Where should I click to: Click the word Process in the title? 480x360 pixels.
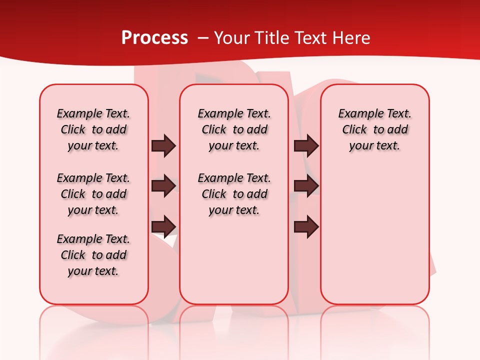(154, 38)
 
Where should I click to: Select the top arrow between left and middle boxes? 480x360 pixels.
(163, 145)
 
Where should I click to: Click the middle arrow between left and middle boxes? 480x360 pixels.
(163, 186)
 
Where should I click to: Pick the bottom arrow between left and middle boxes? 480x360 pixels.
(163, 227)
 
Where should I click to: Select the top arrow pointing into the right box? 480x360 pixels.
(306, 145)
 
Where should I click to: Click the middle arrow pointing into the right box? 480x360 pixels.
(306, 186)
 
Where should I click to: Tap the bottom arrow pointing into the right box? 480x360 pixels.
(306, 227)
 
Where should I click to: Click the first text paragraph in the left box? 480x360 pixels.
(93, 129)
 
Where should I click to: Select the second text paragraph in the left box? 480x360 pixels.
(93, 194)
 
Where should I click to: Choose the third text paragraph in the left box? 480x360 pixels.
(93, 255)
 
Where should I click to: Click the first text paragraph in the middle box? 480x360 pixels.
(234, 129)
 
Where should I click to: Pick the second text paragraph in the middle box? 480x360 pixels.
(234, 194)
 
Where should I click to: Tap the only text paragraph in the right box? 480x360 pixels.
(374, 129)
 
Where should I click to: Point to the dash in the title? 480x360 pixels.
(202, 38)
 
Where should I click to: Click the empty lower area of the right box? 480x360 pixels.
(374, 240)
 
